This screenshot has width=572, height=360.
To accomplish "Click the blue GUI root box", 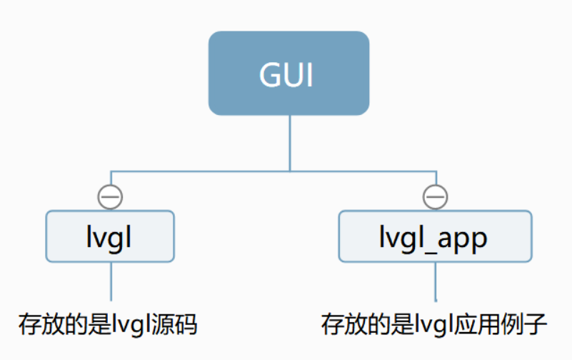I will coord(288,73).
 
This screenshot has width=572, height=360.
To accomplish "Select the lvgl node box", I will coord(110,236).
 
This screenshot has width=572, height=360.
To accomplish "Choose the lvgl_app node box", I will coord(434,236).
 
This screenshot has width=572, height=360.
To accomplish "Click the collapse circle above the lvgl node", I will coord(110,196).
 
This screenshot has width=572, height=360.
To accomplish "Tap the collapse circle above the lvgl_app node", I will coord(435,196).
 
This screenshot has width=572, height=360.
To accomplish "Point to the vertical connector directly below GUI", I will coord(289,143).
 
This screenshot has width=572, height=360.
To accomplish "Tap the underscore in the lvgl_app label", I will coord(428,246).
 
